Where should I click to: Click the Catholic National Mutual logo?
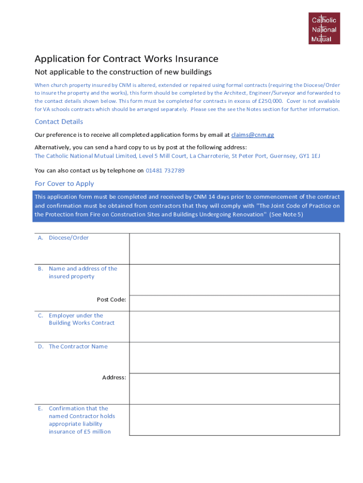[x=324, y=29]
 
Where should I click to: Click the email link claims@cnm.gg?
[x=252, y=135]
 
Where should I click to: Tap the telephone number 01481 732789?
[x=165, y=170]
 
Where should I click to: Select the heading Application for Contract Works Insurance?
[x=126, y=59]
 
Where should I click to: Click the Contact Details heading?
[x=59, y=122]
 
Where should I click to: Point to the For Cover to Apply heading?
[x=64, y=183]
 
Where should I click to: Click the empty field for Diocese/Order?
[x=234, y=249]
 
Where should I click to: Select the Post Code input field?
[x=234, y=303]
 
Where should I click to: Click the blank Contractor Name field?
[x=234, y=358]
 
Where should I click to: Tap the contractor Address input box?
[x=234, y=389]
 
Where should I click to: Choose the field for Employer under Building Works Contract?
[x=234, y=326]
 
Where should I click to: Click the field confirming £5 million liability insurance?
[x=234, y=419]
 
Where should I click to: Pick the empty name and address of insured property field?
[x=234, y=280]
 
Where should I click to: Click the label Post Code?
[x=111, y=300]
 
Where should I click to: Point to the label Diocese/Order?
[x=69, y=238]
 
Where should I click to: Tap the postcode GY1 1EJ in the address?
[x=309, y=156]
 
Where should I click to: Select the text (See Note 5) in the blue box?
[x=286, y=214]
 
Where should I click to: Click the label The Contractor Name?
[x=78, y=346]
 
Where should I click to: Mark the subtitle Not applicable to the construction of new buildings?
[x=123, y=72]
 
